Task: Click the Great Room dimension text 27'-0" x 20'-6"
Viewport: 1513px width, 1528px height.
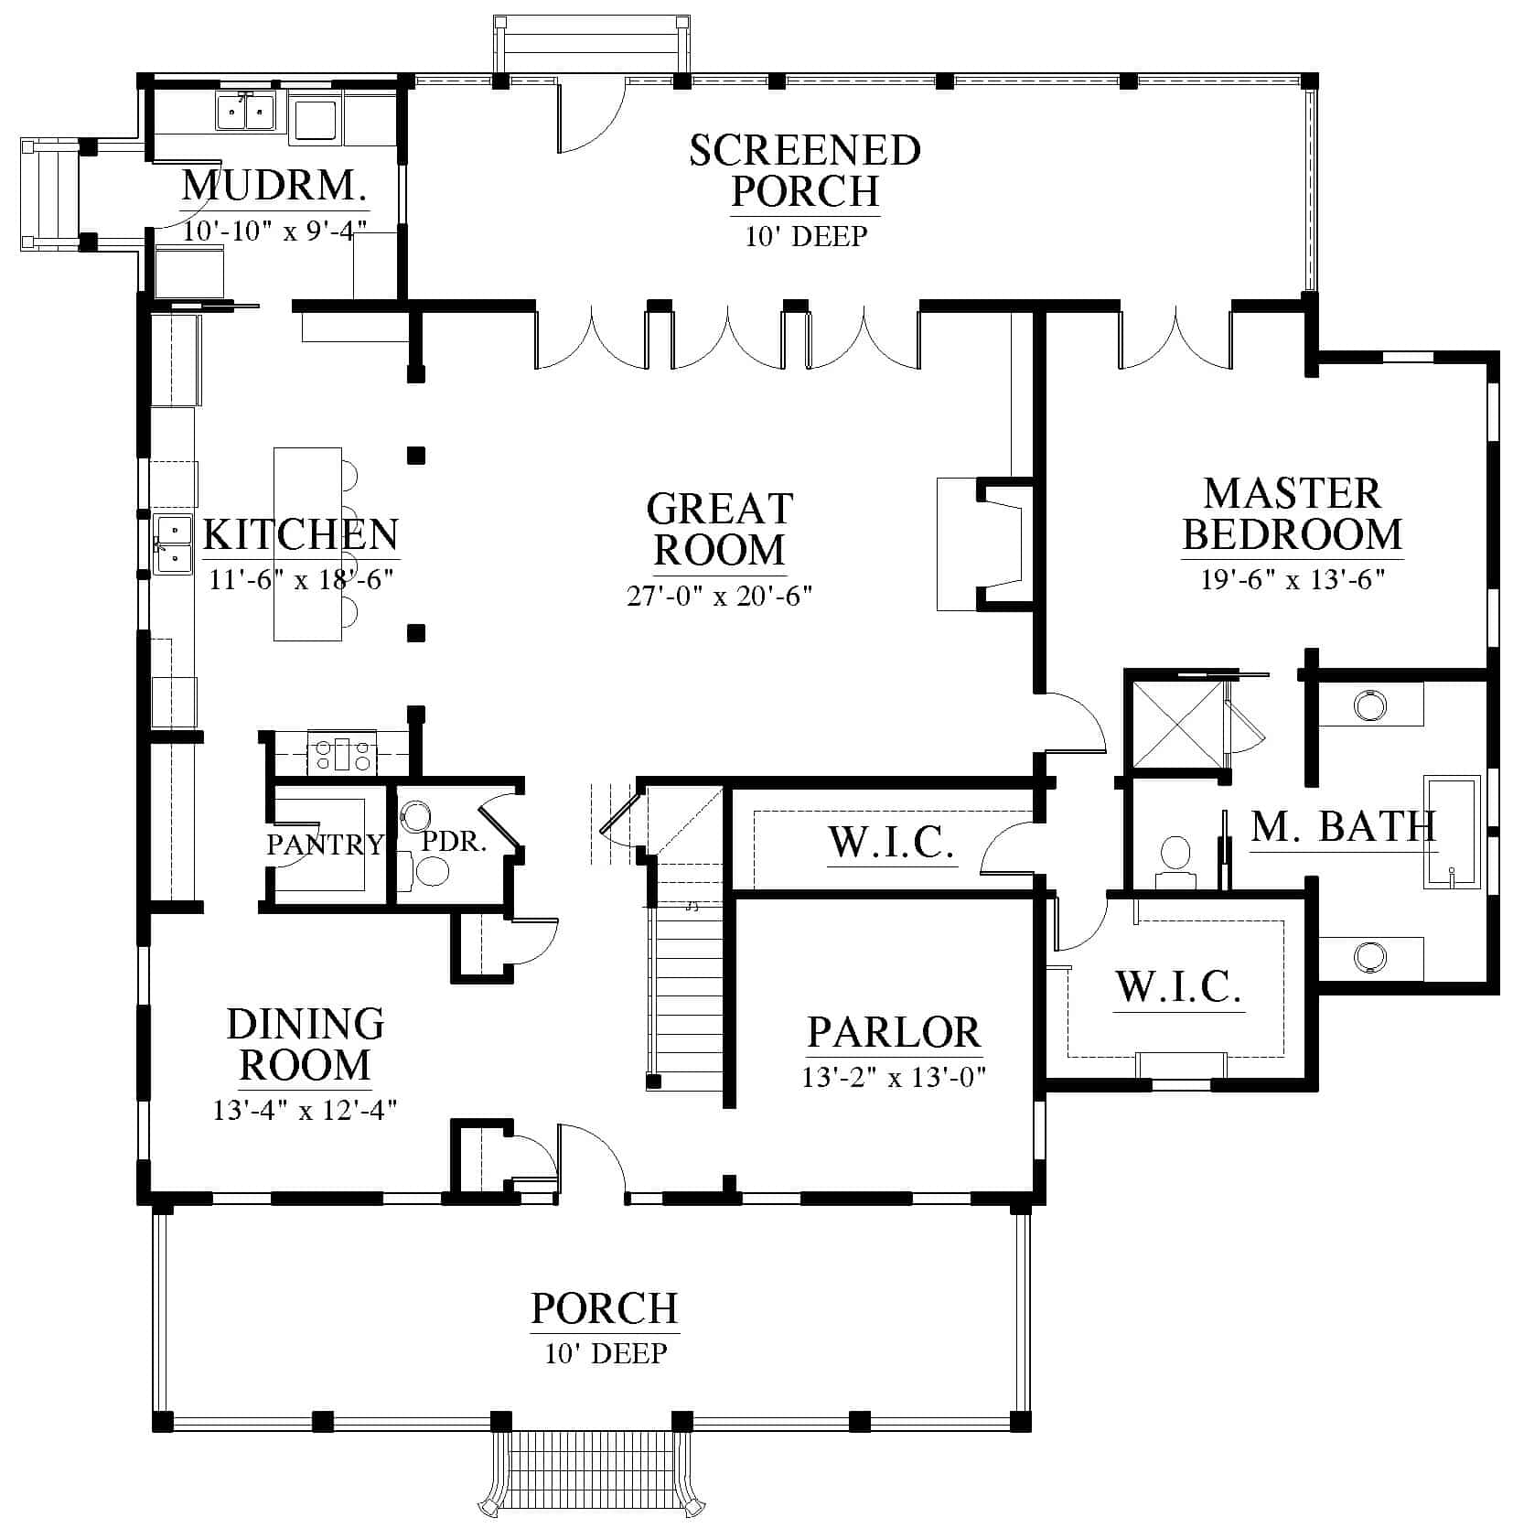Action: (720, 597)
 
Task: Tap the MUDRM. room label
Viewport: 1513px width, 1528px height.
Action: (274, 186)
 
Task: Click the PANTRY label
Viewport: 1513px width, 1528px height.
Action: (325, 844)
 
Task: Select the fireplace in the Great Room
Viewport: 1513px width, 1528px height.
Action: (985, 543)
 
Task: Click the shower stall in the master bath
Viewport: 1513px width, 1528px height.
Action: (1177, 723)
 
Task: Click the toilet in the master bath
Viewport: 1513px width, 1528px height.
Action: (1175, 863)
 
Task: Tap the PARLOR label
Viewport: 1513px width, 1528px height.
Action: (894, 1032)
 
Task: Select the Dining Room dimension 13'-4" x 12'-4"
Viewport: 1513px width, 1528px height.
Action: (305, 1110)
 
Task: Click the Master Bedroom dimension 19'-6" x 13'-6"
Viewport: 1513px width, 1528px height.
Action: (1292, 580)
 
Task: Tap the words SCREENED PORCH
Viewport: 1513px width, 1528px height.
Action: (805, 170)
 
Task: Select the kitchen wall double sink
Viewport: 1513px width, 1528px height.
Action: (173, 544)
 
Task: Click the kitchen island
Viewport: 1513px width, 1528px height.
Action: (307, 543)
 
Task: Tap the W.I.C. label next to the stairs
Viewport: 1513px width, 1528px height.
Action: (892, 842)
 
